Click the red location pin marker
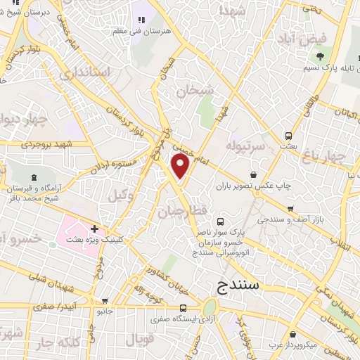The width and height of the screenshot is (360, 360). point(181,167)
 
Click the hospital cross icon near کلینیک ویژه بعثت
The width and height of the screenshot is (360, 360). point(94,229)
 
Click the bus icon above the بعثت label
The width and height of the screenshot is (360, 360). point(288,135)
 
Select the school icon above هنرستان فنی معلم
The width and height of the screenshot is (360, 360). point(141,21)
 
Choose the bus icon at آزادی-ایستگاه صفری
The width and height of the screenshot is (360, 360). point(183,307)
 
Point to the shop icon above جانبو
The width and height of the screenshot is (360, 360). point(105,300)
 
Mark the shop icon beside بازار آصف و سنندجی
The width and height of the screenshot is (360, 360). point(290,209)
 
